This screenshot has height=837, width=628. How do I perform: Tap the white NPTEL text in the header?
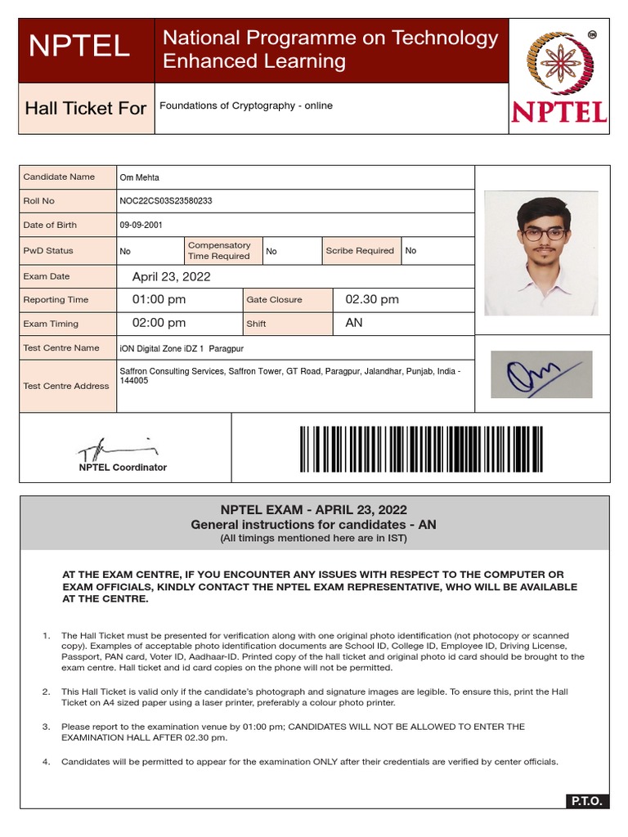point(79,47)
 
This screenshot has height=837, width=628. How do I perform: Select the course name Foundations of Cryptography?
point(245,105)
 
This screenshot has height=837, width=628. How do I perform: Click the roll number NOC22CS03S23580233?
point(166,201)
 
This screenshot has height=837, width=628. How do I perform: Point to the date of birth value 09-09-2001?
point(137,225)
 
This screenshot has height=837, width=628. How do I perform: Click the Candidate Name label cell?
point(59,177)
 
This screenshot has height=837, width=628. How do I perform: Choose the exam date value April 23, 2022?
point(171,277)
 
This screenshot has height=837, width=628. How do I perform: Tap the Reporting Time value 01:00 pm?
point(159,300)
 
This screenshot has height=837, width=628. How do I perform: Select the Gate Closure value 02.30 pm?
point(372,300)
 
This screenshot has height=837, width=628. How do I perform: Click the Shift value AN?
point(354,323)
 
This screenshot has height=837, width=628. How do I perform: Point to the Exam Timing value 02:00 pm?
point(159,323)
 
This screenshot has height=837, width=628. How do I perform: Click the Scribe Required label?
point(359,251)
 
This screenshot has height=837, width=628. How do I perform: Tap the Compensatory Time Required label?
point(219,251)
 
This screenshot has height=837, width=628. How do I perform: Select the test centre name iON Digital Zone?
point(181,348)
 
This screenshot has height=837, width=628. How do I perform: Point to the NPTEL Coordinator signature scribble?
point(114,448)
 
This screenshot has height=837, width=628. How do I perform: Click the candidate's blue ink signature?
point(541,375)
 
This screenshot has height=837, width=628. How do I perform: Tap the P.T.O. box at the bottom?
point(585,802)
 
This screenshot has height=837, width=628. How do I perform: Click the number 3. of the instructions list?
point(46,727)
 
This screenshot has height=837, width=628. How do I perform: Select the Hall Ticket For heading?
point(86,108)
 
